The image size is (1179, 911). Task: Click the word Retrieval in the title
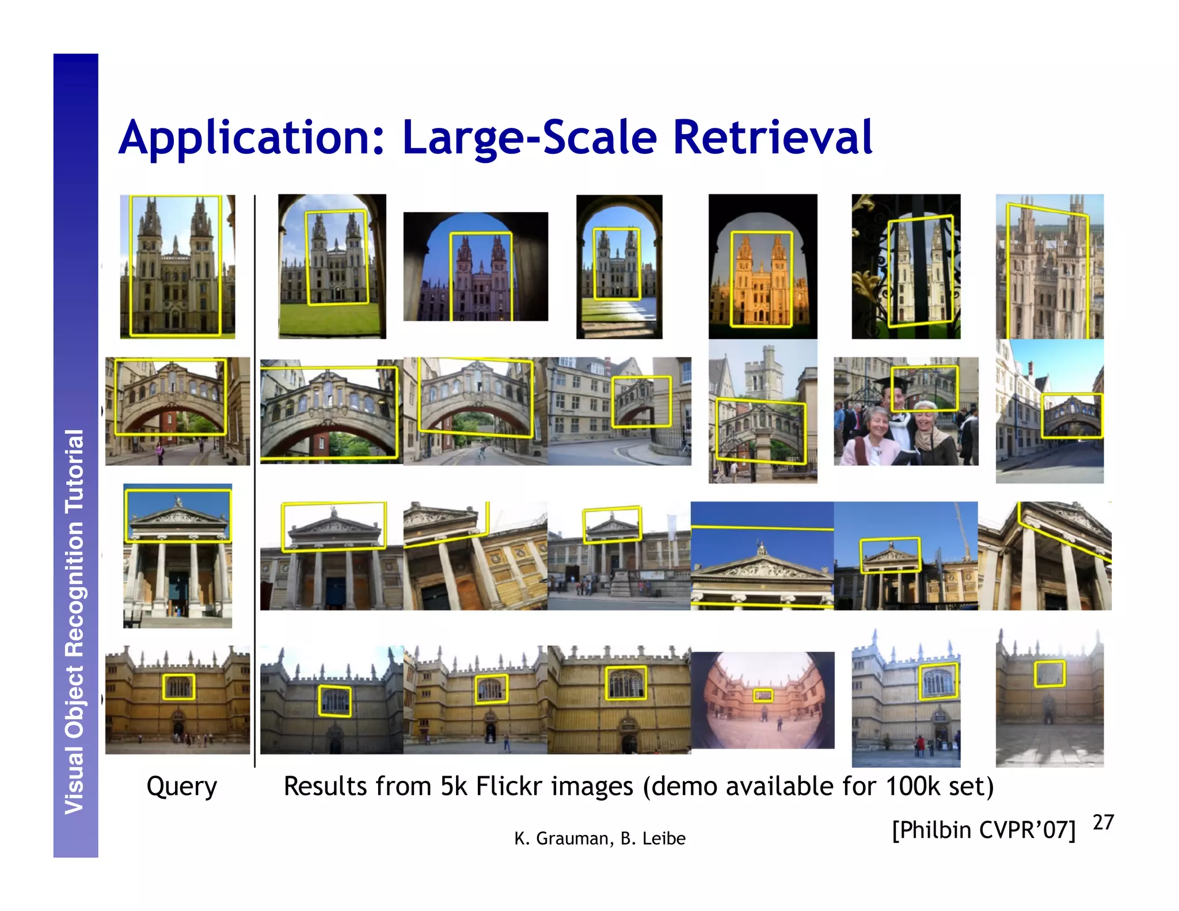pyautogui.click(x=773, y=138)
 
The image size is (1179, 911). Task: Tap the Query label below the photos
pyautogui.click(x=181, y=786)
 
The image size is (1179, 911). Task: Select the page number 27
pyautogui.click(x=1103, y=822)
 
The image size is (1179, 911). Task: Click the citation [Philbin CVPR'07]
pyautogui.click(x=983, y=830)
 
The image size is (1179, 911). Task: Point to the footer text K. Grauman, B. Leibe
pyautogui.click(x=599, y=838)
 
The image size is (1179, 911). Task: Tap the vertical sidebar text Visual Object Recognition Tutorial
pyautogui.click(x=75, y=622)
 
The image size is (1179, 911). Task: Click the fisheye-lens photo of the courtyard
pyautogui.click(x=762, y=700)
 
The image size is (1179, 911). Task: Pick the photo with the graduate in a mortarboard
pyautogui.click(x=906, y=411)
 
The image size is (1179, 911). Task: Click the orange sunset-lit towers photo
pyautogui.click(x=762, y=267)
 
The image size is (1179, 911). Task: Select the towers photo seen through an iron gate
pyautogui.click(x=906, y=267)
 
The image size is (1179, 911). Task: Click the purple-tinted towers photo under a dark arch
pyautogui.click(x=476, y=267)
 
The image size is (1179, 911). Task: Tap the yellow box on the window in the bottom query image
pyautogui.click(x=178, y=687)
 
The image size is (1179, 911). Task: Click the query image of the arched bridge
pyautogui.click(x=177, y=411)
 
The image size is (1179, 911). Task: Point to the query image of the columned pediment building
pyautogui.click(x=177, y=555)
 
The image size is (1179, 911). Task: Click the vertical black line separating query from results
pyautogui.click(x=254, y=481)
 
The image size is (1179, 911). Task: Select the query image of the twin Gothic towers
pyautogui.click(x=177, y=267)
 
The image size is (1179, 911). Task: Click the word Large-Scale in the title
pyautogui.click(x=530, y=138)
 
